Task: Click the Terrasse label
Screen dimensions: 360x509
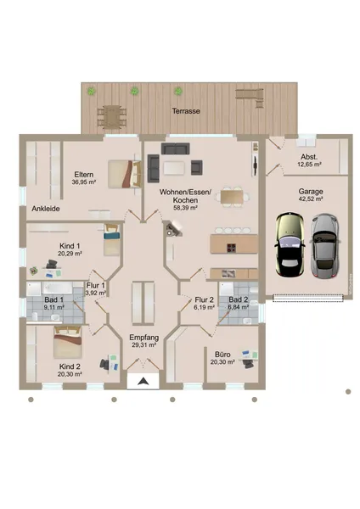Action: (x=186, y=111)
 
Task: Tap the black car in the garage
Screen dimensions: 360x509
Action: (x=290, y=244)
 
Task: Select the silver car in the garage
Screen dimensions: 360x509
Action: (x=325, y=246)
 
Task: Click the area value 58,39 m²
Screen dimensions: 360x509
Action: (x=186, y=208)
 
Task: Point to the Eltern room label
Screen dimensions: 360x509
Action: (x=84, y=174)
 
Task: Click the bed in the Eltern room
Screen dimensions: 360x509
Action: (x=125, y=174)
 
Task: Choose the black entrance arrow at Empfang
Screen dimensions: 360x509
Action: (x=143, y=381)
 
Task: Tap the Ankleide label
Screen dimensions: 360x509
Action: (x=46, y=209)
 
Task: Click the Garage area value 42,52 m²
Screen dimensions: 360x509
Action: (x=311, y=199)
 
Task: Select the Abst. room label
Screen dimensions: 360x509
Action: (x=309, y=157)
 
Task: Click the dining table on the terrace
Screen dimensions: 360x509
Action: (x=112, y=117)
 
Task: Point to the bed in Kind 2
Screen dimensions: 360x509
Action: (x=68, y=342)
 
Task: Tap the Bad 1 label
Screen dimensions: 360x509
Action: (x=54, y=299)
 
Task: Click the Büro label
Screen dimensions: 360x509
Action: (x=222, y=355)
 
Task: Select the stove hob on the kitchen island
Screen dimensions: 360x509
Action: (x=231, y=248)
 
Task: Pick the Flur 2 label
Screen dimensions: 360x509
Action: (x=204, y=299)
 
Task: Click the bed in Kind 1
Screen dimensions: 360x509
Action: (x=112, y=239)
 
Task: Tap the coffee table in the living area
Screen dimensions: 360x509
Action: (x=174, y=168)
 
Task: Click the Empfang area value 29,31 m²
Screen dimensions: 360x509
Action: (x=144, y=345)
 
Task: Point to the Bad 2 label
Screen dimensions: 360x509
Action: (x=239, y=299)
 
